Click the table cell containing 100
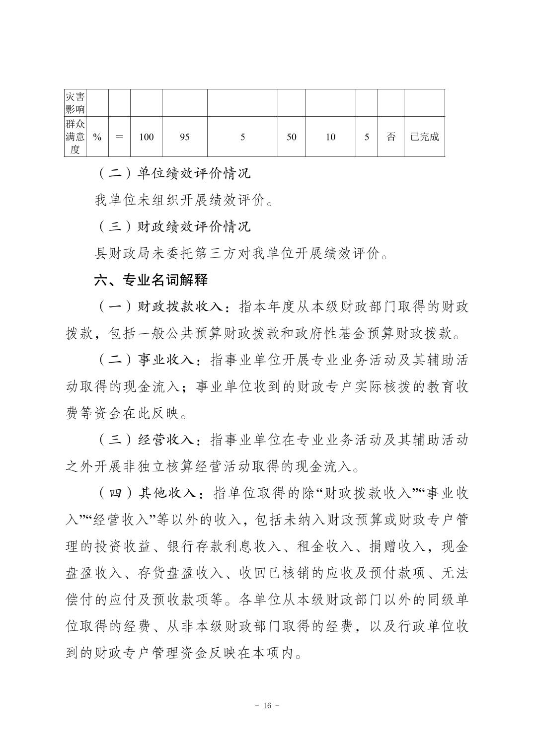(146, 137)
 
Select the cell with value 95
(184, 137)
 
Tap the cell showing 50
(291, 137)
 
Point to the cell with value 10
(330, 137)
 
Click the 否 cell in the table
(391, 137)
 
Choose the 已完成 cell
(424, 137)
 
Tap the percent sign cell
(97, 137)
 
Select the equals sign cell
(119, 137)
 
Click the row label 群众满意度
(75, 137)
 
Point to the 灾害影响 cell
(75, 103)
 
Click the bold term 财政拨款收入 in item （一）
(180, 307)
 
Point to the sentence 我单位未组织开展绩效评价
(184, 200)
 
